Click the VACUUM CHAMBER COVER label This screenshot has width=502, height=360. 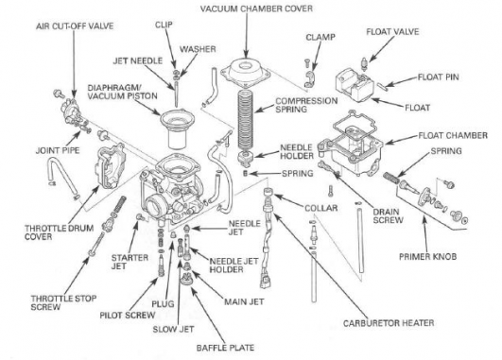pyautogui.click(x=256, y=9)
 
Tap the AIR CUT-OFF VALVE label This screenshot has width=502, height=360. pyautogui.click(x=75, y=26)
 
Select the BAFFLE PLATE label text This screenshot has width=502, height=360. pyautogui.click(x=225, y=348)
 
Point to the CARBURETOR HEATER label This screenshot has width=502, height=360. pyautogui.click(x=389, y=323)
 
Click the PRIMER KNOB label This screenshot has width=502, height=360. pyautogui.click(x=427, y=256)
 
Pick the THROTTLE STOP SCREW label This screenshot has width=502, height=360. pyautogui.click(x=63, y=302)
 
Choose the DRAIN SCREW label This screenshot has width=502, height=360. pyautogui.click(x=388, y=216)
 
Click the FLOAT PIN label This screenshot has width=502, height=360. pyautogui.click(x=438, y=77)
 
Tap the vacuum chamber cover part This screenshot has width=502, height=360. pyautogui.click(x=245, y=71)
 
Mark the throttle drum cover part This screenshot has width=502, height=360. pyautogui.click(x=110, y=167)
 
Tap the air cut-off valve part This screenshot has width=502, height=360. pyautogui.click(x=73, y=112)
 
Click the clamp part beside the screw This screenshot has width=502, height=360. pyautogui.click(x=310, y=79)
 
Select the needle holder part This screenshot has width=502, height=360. pyautogui.click(x=247, y=160)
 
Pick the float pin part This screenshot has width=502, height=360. pyautogui.click(x=382, y=87)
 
